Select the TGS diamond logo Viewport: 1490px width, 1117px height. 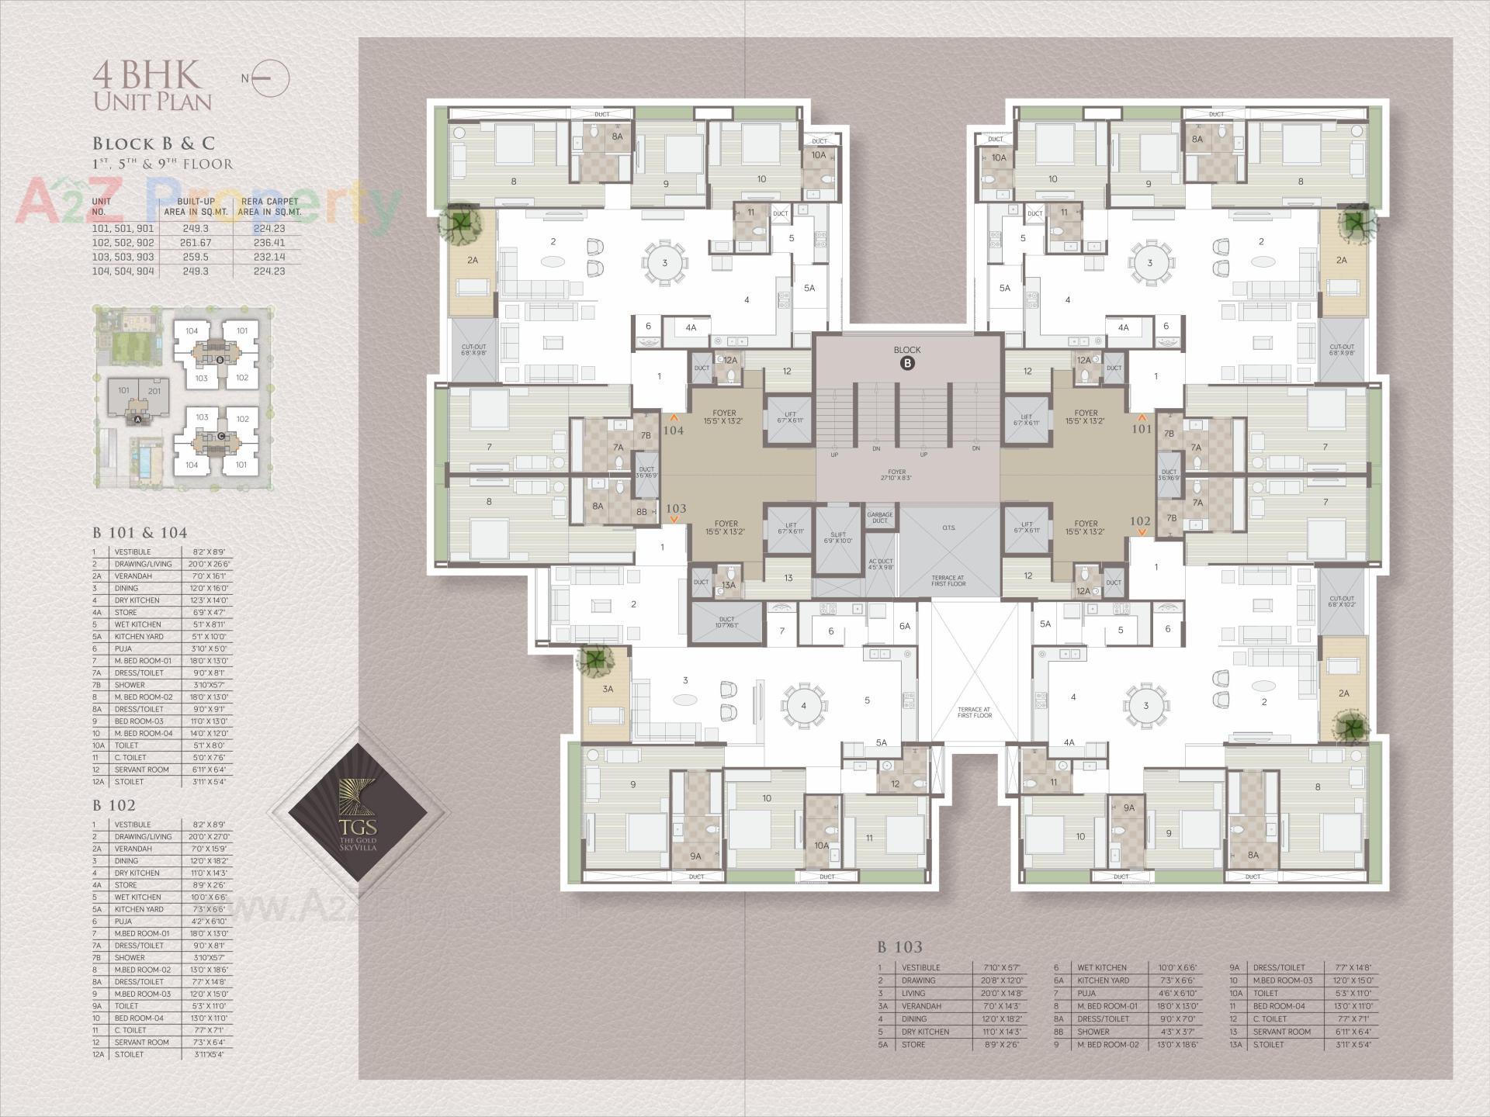click(x=358, y=812)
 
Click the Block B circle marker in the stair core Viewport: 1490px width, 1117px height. click(x=906, y=363)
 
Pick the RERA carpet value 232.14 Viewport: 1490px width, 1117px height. click(x=269, y=257)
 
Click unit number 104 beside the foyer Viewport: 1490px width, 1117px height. click(x=673, y=430)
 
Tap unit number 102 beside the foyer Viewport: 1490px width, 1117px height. click(x=1140, y=521)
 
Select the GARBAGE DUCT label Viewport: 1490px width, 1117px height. click(x=879, y=517)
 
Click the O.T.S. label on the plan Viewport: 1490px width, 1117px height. click(x=948, y=528)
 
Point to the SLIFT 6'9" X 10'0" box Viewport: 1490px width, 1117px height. click(x=837, y=537)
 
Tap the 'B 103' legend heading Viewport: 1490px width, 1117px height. click(x=899, y=947)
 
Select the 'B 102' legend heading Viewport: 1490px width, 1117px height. click(x=114, y=806)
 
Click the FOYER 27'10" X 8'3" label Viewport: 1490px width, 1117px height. click(x=896, y=475)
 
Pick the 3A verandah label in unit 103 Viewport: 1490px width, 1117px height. click(x=608, y=689)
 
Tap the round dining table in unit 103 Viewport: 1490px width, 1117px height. click(x=804, y=705)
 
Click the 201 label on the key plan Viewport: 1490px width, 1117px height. click(x=154, y=390)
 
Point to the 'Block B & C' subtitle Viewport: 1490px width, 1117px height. click(x=154, y=144)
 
